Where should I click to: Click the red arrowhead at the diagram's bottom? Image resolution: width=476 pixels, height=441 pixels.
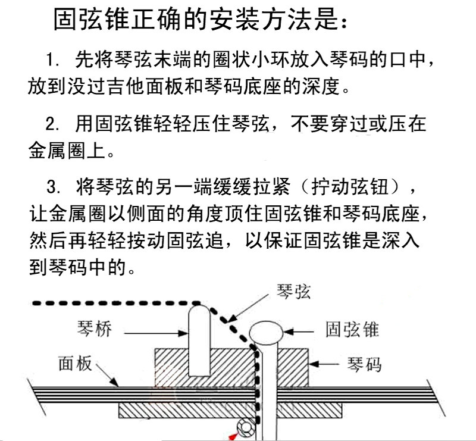233,437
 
